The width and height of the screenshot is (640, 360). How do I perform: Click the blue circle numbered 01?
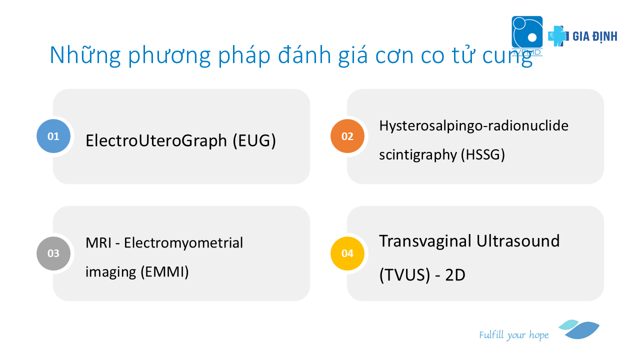click(x=53, y=136)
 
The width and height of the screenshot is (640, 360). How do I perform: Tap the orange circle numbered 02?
click(x=347, y=136)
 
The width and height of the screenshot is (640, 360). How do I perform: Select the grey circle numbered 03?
click(x=53, y=253)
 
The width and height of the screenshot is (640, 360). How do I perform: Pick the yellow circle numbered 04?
click(x=347, y=253)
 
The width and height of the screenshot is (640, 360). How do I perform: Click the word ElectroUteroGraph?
click(x=156, y=140)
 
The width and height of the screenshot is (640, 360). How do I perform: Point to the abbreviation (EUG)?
click(x=254, y=140)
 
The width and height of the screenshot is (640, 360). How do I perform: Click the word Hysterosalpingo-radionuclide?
click(x=473, y=125)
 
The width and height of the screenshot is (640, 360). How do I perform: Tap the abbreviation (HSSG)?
click(x=483, y=154)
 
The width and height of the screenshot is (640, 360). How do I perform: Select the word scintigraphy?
click(x=418, y=154)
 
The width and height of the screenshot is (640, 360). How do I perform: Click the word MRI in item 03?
click(x=98, y=243)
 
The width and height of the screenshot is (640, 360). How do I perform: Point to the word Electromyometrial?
click(x=183, y=243)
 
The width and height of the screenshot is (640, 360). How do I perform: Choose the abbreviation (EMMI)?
click(x=165, y=271)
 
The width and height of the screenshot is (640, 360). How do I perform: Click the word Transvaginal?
click(x=425, y=241)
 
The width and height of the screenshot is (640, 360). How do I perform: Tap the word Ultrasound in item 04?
click(x=518, y=241)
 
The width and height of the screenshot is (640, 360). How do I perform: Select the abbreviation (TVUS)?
click(x=404, y=275)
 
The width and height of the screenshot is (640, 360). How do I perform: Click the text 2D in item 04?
click(x=455, y=275)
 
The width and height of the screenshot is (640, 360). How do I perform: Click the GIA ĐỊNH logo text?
click(x=595, y=36)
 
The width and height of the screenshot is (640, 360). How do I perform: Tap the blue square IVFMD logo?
click(x=527, y=32)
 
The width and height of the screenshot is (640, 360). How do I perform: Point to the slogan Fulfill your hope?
click(x=513, y=335)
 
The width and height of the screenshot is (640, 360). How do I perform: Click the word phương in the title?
click(x=169, y=55)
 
